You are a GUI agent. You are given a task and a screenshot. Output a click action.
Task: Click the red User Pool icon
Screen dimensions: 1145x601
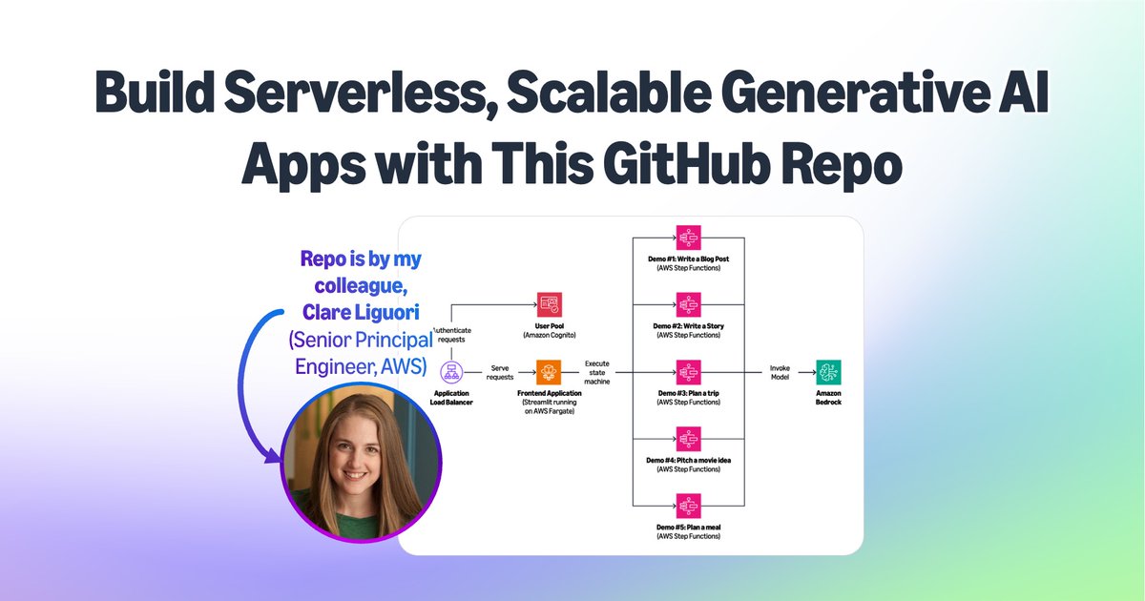click(550, 304)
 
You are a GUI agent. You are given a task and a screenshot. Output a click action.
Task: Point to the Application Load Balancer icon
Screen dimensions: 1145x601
click(451, 372)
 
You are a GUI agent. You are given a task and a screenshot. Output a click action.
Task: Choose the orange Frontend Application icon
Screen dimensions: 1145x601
click(550, 372)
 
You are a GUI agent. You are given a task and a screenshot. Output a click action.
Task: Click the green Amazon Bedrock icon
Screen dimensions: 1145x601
click(828, 372)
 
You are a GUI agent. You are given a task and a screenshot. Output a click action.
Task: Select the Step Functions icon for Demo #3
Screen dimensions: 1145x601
click(688, 372)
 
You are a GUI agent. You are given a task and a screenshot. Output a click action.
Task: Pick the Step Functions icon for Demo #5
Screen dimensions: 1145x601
click(688, 506)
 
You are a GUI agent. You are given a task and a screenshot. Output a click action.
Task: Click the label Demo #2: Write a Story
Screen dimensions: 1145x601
click(688, 326)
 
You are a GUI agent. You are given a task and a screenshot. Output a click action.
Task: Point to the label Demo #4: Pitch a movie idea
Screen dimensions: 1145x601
click(688, 460)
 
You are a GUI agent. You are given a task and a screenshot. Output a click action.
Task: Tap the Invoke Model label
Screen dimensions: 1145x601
click(780, 372)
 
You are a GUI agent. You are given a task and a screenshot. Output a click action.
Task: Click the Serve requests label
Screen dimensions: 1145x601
click(501, 372)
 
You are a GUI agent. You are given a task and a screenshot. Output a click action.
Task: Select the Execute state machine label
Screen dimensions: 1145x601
click(598, 372)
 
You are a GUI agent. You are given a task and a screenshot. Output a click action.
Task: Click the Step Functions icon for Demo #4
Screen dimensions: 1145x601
click(688, 439)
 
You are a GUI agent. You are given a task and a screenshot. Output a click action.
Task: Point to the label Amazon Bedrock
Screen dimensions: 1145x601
click(828, 397)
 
